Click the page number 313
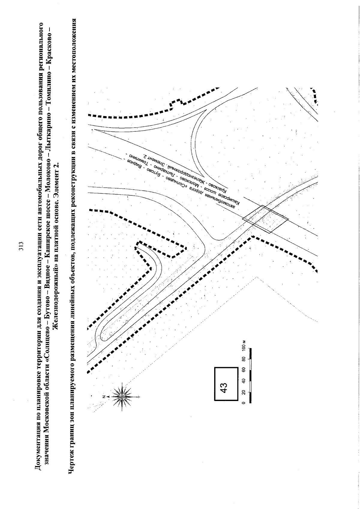[21, 246]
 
